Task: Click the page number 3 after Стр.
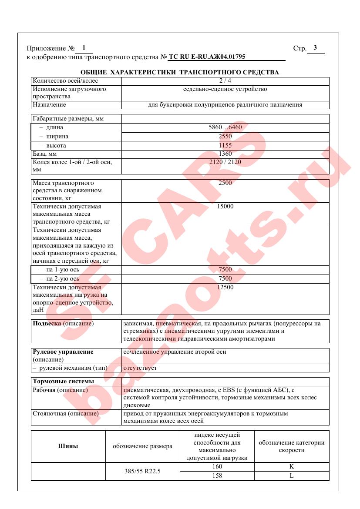(x=315, y=48)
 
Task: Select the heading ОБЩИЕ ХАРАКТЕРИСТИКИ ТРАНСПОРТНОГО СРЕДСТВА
(x=180, y=72)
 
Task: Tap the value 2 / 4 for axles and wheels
(x=225, y=81)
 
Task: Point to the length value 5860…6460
(x=225, y=127)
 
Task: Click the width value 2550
(x=225, y=137)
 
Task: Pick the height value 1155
(x=225, y=145)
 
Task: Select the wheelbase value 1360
(x=225, y=154)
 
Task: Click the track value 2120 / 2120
(x=225, y=162)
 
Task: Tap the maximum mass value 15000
(x=225, y=206)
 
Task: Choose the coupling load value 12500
(x=225, y=287)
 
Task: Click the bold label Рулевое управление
(x=63, y=352)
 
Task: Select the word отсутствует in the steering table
(x=140, y=368)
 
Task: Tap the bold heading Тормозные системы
(x=63, y=382)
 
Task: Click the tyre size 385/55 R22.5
(x=143, y=471)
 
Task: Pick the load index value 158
(x=217, y=476)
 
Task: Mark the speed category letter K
(x=292, y=467)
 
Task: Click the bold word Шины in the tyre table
(x=68, y=446)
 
